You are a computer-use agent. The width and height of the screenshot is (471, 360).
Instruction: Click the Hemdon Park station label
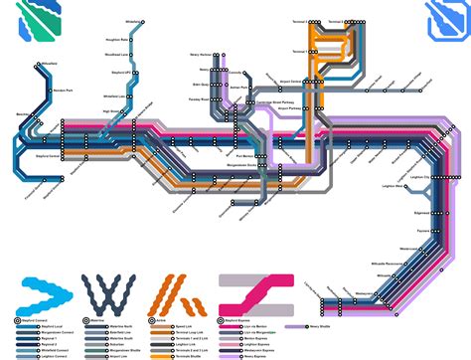coord(65,90)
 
